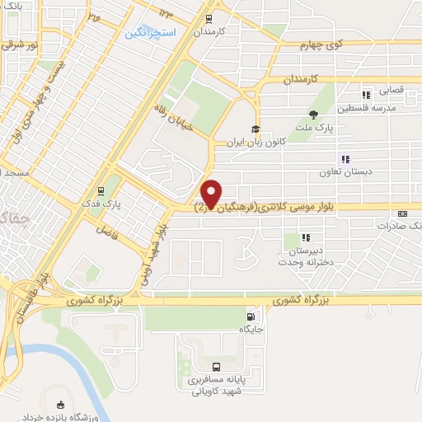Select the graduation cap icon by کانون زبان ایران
click(x=256, y=129)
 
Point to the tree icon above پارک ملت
click(x=312, y=115)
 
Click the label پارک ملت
click(x=314, y=128)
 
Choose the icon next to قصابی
click(x=366, y=94)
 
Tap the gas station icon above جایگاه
click(x=251, y=316)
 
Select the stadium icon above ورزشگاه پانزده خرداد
click(x=59, y=405)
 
